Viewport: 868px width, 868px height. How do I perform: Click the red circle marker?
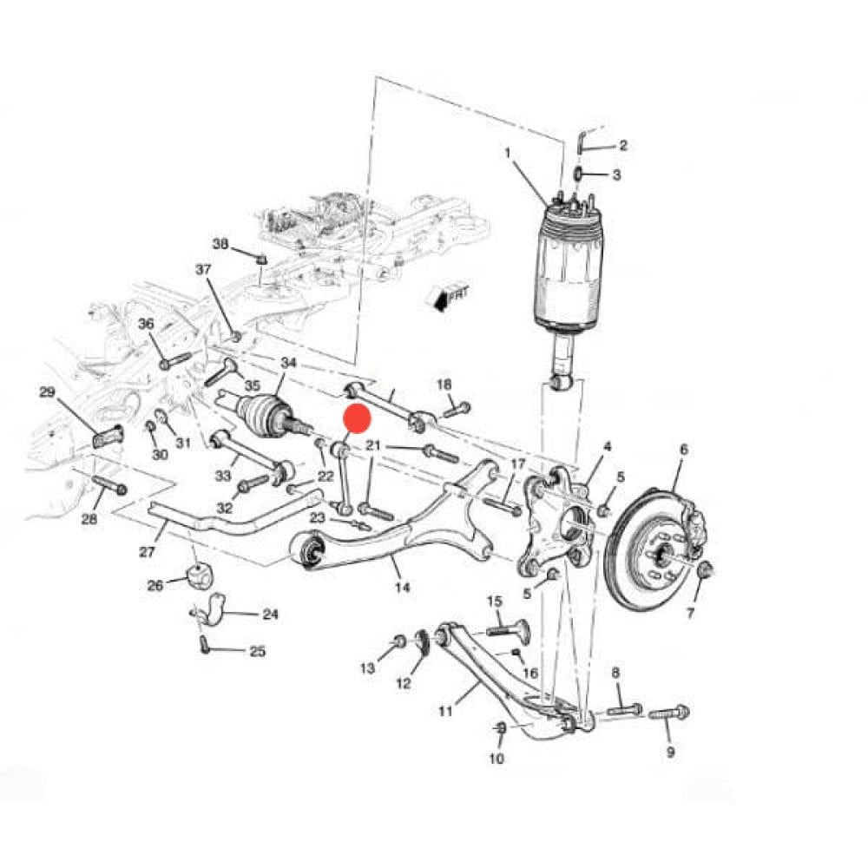point(357,418)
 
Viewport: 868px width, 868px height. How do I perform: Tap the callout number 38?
point(220,245)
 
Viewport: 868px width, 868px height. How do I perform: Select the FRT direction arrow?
point(448,297)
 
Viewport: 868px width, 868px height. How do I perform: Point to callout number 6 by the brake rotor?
point(683,449)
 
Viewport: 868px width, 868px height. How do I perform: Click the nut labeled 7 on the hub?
point(705,569)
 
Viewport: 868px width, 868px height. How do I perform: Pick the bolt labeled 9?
point(668,713)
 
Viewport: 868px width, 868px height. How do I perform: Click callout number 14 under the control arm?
point(401,588)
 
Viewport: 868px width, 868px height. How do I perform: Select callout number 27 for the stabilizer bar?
point(147,551)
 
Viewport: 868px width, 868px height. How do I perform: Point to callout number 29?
point(47,392)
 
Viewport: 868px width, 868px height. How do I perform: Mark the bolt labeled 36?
point(174,358)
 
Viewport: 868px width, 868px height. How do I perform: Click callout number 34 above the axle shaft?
point(288,362)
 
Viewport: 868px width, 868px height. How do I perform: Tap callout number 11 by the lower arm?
point(445,712)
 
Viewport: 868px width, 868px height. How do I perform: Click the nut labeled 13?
point(399,641)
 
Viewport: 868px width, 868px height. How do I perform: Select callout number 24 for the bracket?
point(270,615)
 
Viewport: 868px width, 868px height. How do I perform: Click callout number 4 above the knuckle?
point(608,447)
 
